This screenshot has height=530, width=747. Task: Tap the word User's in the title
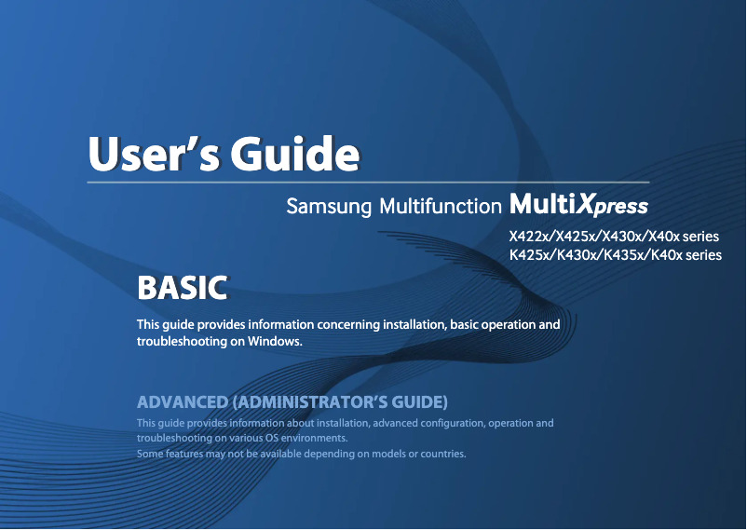coord(153,153)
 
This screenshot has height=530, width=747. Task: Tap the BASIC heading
coord(182,288)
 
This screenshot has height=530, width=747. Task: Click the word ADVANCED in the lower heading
coord(182,402)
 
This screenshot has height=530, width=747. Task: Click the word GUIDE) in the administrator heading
coord(419,402)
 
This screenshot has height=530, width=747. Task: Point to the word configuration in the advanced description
coord(443,423)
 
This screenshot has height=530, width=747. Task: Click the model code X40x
coord(668,237)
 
